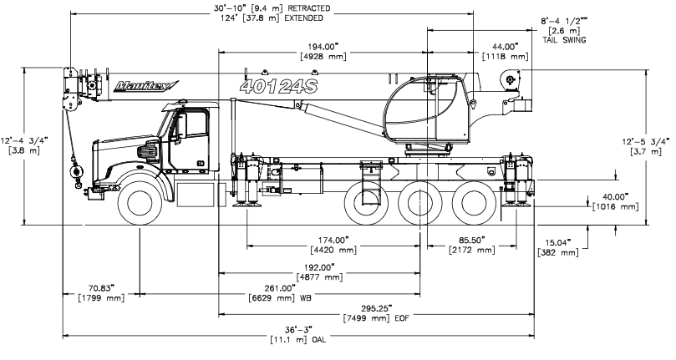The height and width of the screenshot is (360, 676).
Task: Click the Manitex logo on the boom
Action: (146, 86)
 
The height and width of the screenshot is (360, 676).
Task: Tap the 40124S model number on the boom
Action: (278, 86)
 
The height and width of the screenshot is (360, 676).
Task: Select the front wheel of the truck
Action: (140, 202)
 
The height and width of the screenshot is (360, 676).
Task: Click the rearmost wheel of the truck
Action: (475, 202)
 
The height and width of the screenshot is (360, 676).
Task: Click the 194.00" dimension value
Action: (323, 47)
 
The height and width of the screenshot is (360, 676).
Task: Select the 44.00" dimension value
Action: (505, 47)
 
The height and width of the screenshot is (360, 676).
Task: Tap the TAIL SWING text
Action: (564, 40)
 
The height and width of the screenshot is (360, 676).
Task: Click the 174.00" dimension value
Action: (333, 240)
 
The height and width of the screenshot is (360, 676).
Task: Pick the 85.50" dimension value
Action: (472, 240)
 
